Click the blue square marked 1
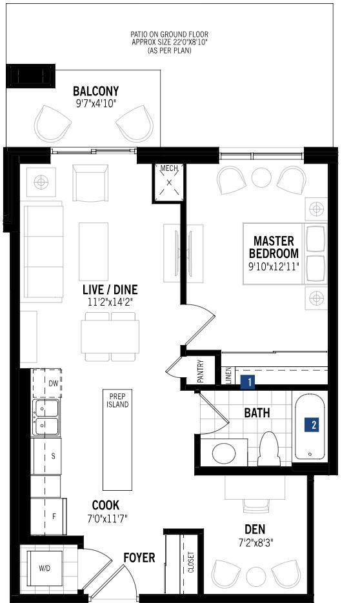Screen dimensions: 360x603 tap(248, 382)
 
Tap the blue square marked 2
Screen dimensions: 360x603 tap(312, 425)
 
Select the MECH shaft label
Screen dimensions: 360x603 tap(169, 168)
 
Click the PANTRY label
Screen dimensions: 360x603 tap(201, 371)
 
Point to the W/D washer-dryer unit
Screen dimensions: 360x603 tap(45, 568)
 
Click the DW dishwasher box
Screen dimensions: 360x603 tap(46, 384)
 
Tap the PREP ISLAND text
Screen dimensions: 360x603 tap(117, 400)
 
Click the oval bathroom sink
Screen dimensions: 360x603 tap(224, 453)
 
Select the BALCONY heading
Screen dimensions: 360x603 tap(95, 91)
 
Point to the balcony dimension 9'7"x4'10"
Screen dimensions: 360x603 tap(95, 103)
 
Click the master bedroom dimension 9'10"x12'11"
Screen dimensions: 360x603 tap(274, 266)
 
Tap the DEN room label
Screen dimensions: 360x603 tap(255, 529)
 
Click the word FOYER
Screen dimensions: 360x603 tap(139, 557)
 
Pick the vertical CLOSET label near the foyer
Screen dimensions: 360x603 tap(191, 562)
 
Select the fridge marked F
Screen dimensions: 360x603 tap(48, 516)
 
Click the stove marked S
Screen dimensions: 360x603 tap(46, 456)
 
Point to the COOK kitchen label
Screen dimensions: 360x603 tap(106, 505)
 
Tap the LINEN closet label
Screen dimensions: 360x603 tap(228, 375)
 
